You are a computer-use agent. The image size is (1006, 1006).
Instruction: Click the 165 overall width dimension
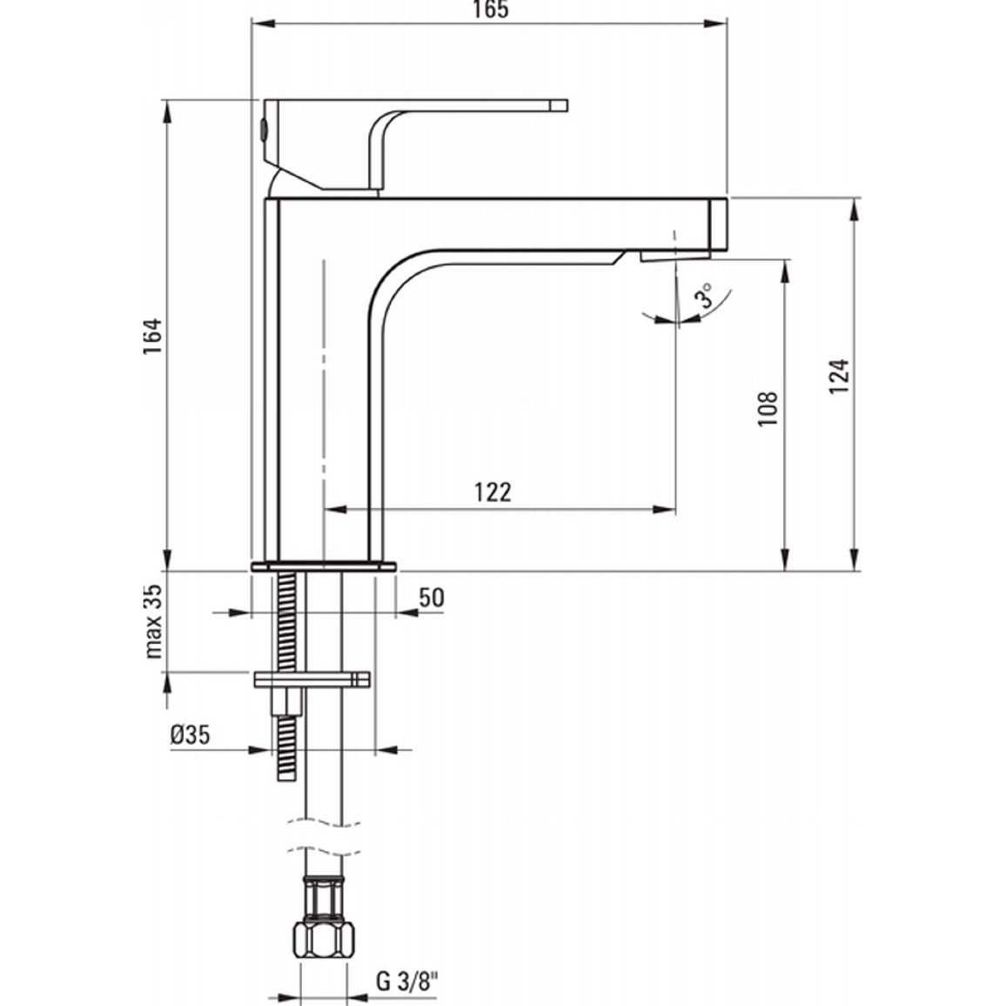point(491,10)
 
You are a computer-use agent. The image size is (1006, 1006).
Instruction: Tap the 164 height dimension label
point(152,336)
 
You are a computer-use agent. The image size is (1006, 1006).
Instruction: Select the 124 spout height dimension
point(839,376)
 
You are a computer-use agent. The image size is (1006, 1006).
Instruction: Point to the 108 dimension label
point(768,409)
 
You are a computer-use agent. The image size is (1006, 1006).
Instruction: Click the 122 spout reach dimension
point(493,492)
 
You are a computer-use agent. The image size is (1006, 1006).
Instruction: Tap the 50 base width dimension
point(431,597)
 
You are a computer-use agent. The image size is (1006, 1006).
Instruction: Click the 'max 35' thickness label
point(153,621)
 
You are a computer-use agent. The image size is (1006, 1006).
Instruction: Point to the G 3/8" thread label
point(406,982)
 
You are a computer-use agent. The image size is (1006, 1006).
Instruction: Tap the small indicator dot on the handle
point(263,130)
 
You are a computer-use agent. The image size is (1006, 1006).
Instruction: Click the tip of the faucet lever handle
point(567,106)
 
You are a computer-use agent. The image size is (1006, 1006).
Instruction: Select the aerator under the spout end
point(675,255)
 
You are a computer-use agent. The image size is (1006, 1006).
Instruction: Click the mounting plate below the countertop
point(312,679)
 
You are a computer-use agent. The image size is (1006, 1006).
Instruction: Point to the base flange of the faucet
point(324,567)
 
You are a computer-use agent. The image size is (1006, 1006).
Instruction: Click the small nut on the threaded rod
point(286,702)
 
